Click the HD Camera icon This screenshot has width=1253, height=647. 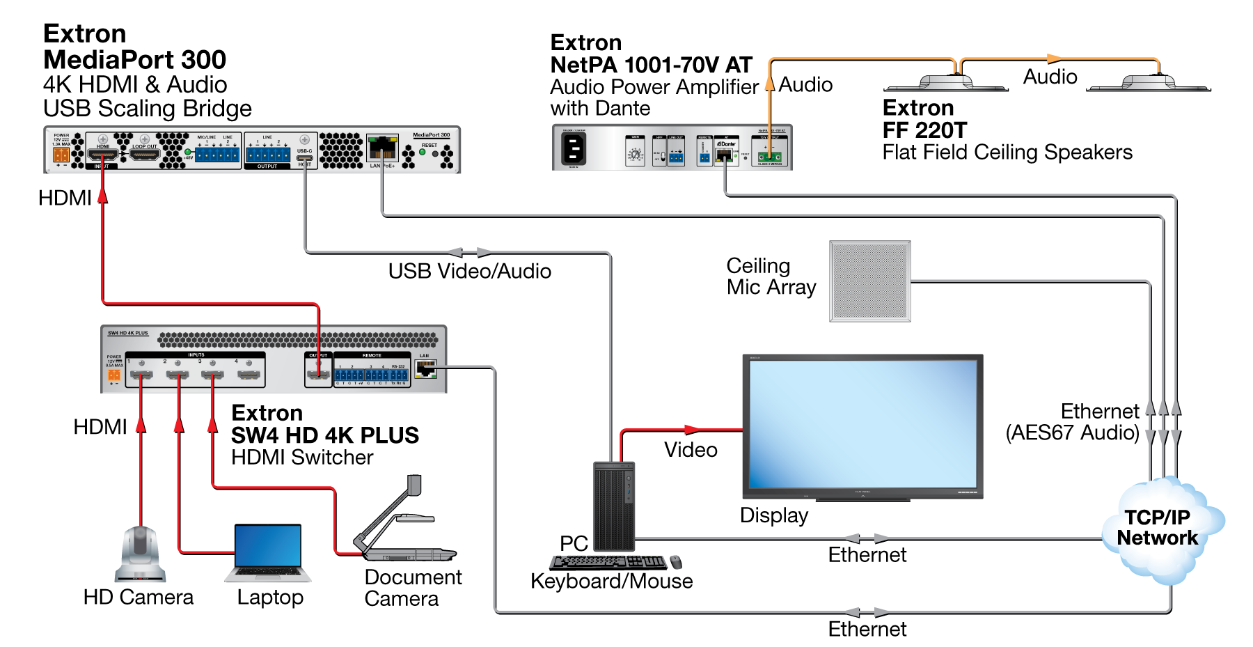pyautogui.click(x=141, y=554)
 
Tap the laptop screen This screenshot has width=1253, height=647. pyautogui.click(x=268, y=547)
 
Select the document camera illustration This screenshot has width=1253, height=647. pyautogui.click(x=404, y=522)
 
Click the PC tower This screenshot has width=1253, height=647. pyautogui.click(x=614, y=506)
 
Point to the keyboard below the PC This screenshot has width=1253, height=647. pyautogui.click(x=607, y=562)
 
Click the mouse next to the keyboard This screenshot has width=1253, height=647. pyautogui.click(x=676, y=562)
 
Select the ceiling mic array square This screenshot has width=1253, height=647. pyautogui.click(x=869, y=281)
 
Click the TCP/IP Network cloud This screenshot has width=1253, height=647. pyautogui.click(x=1159, y=529)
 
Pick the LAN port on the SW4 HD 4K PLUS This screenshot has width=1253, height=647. pyautogui.click(x=425, y=368)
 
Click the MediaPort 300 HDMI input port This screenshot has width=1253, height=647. pyautogui.click(x=103, y=155)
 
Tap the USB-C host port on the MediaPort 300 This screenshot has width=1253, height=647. pyautogui.click(x=305, y=158)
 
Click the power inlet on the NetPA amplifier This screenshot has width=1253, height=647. pyautogui.click(x=574, y=148)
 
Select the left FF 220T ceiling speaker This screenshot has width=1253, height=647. pyautogui.click(x=945, y=83)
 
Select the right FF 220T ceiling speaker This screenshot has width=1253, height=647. pyautogui.click(x=1149, y=83)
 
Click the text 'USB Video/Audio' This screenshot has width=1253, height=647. pyautogui.click(x=469, y=271)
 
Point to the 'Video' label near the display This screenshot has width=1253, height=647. pyautogui.click(x=690, y=449)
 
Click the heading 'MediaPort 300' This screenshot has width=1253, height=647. pyautogui.click(x=134, y=60)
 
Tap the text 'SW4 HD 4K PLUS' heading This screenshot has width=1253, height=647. pyautogui.click(x=324, y=435)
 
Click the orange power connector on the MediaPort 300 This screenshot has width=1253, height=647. pyautogui.click(x=61, y=154)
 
